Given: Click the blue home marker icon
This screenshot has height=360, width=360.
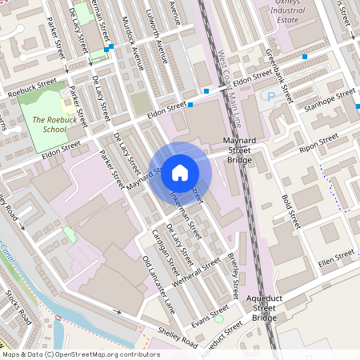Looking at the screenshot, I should point(180,172).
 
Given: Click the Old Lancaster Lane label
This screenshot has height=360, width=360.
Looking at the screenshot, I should point(157,284).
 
